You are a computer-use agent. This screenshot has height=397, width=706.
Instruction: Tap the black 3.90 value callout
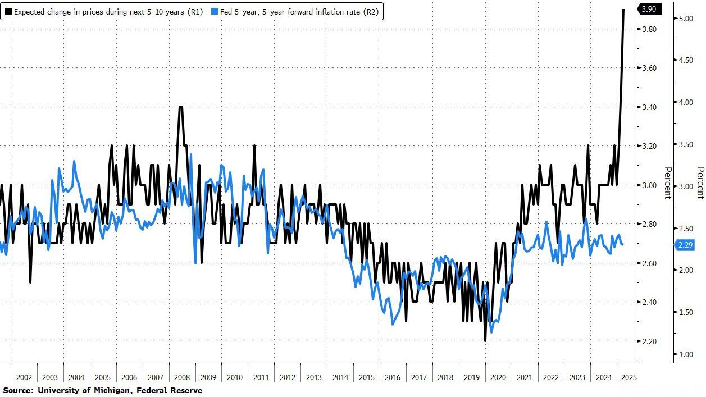651,9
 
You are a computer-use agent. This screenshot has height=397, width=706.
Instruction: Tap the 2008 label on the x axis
182,378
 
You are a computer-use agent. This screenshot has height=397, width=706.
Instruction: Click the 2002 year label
24,378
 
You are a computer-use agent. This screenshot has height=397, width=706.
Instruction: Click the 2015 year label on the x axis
367,378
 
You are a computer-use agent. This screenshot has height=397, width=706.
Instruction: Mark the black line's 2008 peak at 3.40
180,107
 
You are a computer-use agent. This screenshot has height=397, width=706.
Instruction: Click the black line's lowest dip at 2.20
485,341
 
